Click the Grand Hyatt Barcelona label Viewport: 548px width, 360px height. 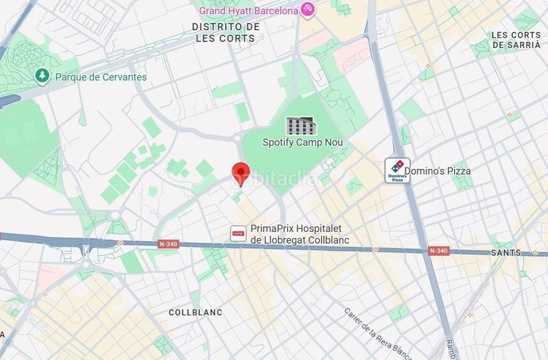pos(249,11)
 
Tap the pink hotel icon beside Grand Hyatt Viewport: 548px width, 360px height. pos(308,10)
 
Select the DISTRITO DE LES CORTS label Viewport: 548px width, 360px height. pos(225,32)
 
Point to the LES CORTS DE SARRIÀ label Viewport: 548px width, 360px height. pos(516,40)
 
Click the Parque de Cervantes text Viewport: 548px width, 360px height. pos(101,77)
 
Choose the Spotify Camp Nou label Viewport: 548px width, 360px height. pos(302,142)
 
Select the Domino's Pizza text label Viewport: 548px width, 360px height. pos(437,170)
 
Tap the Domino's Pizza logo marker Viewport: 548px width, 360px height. pos(397,169)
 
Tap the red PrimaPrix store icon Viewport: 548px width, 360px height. pos(238,233)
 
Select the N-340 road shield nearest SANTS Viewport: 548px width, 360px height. pos(438,250)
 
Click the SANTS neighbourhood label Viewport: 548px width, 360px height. pos(506,253)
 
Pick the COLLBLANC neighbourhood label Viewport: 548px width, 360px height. pos(195,312)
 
